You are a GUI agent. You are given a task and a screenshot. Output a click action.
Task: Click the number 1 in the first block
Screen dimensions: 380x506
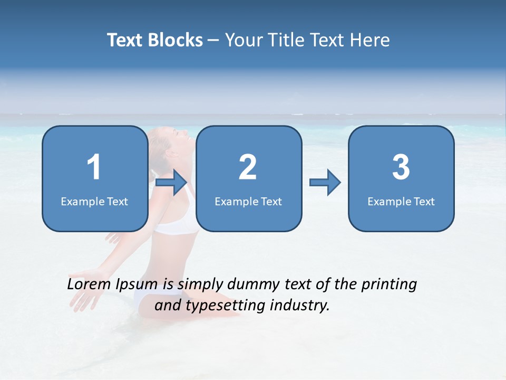94,167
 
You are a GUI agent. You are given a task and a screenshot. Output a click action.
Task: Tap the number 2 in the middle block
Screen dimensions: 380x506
248,167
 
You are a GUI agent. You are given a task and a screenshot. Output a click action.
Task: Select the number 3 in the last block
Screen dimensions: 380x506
401,167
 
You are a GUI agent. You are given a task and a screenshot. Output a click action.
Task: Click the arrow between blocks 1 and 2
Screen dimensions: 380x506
172,183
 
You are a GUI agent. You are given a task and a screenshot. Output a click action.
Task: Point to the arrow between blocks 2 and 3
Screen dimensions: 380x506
325,183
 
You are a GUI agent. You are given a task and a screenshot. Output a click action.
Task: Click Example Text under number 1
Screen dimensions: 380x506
94,201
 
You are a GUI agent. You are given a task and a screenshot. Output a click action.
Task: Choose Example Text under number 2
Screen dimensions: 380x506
248,201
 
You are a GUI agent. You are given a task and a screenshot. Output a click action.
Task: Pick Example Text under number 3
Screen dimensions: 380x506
401,201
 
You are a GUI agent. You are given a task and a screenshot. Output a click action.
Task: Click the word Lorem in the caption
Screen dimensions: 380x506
87,284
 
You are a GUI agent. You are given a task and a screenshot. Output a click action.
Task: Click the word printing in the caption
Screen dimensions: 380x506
388,285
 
